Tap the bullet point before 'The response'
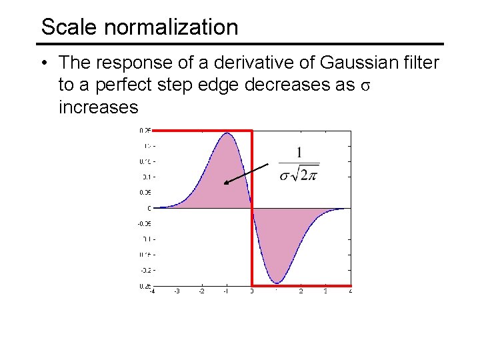(42, 63)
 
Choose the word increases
(98, 107)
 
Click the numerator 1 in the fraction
(299, 153)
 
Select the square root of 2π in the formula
(307, 174)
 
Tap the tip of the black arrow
(225, 183)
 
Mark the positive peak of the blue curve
(227, 133)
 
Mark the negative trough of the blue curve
(277, 283)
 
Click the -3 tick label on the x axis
(177, 291)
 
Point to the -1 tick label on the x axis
(227, 291)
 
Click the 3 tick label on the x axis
(325, 291)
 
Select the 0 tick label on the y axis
(149, 208)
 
